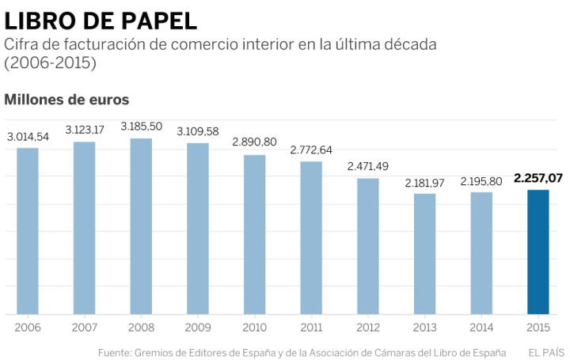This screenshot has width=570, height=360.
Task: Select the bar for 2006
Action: tap(28, 231)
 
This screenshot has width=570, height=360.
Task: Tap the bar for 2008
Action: tap(141, 226)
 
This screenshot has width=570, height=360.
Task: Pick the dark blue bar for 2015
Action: tap(538, 252)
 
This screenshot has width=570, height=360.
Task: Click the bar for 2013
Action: tap(424, 254)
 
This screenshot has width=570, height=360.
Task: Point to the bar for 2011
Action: tap(311, 237)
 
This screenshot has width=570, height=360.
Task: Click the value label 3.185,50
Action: tap(141, 127)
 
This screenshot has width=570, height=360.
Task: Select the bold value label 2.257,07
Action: tap(538, 179)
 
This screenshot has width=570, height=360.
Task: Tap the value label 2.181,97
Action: tap(424, 183)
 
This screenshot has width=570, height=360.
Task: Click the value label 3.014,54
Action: tap(28, 137)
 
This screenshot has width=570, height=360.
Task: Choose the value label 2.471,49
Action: tap(368, 166)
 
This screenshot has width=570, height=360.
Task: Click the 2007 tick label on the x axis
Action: tap(84, 327)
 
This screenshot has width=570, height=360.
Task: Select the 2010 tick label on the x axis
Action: tap(254, 327)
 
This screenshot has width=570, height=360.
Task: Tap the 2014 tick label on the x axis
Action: tap(481, 327)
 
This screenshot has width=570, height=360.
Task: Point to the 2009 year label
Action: tap(198, 327)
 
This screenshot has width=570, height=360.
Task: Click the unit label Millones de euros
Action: tap(66, 100)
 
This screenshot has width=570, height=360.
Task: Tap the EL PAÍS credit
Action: tap(545, 351)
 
